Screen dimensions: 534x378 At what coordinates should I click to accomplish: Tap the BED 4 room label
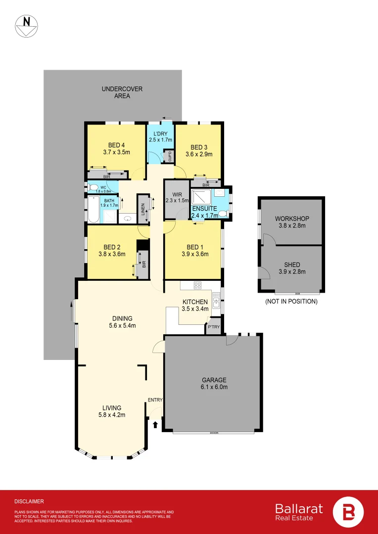(116, 145)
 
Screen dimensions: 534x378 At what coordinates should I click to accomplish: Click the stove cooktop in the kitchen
(197, 285)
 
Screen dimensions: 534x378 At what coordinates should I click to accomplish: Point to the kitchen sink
(217, 299)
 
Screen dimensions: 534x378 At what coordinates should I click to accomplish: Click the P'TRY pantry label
(213, 327)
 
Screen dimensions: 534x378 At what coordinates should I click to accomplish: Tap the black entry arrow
(156, 424)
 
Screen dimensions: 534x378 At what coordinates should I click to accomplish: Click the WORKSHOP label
(292, 219)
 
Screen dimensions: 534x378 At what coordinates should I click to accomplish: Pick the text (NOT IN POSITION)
(291, 301)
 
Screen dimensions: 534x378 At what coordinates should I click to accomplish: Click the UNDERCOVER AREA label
(122, 92)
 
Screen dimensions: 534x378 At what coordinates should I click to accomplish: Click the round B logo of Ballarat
(347, 512)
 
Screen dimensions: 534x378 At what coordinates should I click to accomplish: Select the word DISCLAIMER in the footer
(29, 501)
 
